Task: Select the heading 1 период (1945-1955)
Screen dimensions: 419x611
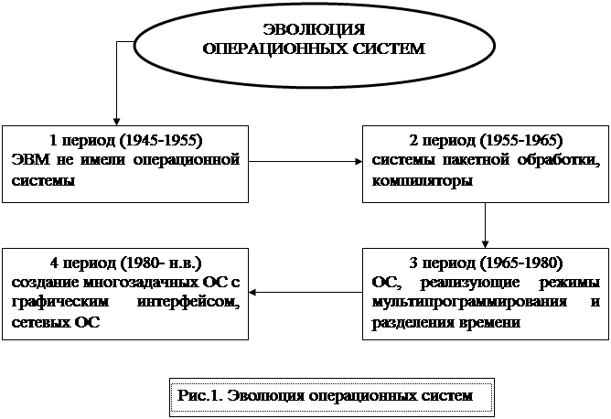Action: click(x=125, y=142)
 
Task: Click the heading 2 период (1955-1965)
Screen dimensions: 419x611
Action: click(x=485, y=142)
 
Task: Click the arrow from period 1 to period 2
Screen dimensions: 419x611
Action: click(x=305, y=163)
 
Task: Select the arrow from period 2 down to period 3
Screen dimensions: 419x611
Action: click(x=485, y=225)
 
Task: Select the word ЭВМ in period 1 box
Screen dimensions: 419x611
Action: click(x=28, y=161)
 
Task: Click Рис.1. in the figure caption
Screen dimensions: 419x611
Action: click(x=198, y=396)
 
